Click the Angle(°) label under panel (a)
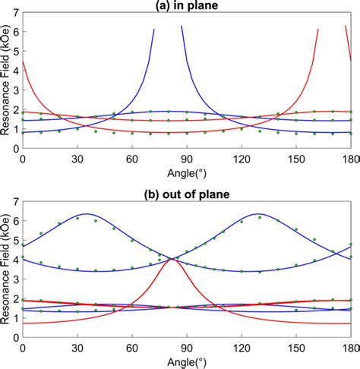click(x=186, y=170)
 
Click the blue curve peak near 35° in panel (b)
click(x=87, y=213)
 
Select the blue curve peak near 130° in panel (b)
click(x=259, y=213)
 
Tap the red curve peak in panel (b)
click(x=172, y=259)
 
